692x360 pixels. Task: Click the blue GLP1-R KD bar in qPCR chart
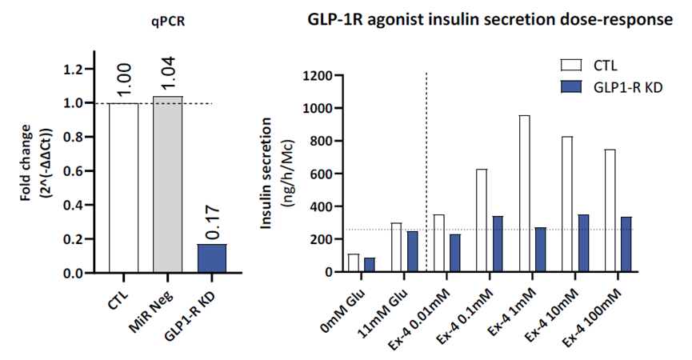click(x=212, y=258)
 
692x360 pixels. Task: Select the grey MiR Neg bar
click(x=167, y=185)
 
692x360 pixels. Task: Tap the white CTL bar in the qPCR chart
click(x=123, y=188)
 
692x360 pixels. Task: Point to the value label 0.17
click(x=211, y=223)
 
